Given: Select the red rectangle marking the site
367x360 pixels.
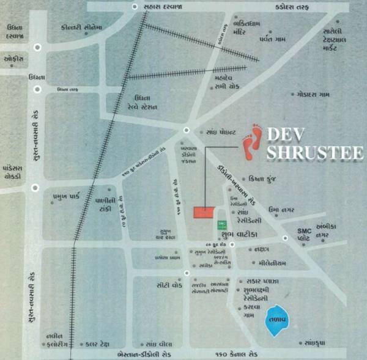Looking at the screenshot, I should pos(204,211).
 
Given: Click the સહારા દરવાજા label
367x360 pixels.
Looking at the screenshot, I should pos(163,6).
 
